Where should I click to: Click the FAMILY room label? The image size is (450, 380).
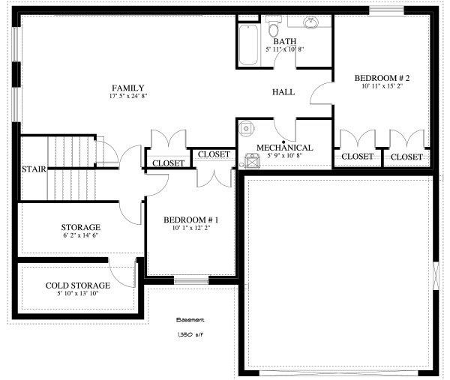[127, 88]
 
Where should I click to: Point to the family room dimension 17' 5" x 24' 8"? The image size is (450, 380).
[127, 97]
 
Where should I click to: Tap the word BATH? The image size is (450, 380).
[283, 41]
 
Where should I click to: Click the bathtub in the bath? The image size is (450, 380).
[248, 45]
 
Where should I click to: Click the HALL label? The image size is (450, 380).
[283, 92]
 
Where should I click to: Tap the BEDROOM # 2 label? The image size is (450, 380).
[381, 78]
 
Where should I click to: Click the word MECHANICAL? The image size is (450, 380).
[284, 148]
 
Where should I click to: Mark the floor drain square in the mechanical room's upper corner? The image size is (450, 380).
[245, 128]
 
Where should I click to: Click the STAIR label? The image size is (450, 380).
[34, 169]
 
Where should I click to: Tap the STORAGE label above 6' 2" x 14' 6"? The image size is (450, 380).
[80, 227]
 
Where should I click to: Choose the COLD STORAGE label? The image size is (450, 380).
[78, 286]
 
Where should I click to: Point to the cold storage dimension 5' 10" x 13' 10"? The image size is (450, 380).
[78, 294]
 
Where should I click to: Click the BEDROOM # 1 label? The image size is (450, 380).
[190, 220]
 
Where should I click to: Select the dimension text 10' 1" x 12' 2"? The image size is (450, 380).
[190, 228]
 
